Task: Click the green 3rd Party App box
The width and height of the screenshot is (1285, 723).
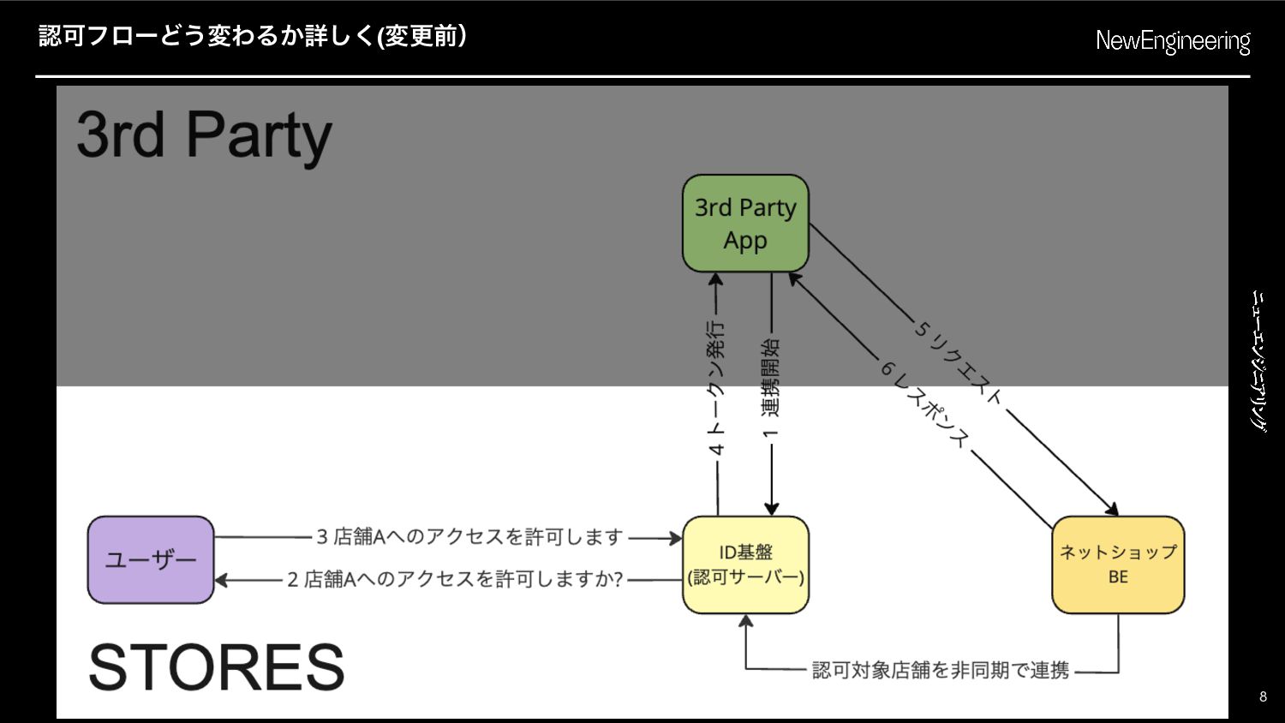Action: pos(745,224)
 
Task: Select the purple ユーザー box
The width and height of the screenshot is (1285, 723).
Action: pos(151,559)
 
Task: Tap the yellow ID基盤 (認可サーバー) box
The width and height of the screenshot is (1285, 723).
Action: pos(745,565)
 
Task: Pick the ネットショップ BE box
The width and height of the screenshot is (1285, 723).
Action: pos(1118,565)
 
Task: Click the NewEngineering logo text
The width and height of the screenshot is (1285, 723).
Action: pos(1173,41)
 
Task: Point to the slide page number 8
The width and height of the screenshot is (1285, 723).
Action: pos(1263,696)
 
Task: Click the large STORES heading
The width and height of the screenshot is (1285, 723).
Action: pos(217,666)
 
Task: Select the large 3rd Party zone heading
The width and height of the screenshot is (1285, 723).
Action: pos(204,135)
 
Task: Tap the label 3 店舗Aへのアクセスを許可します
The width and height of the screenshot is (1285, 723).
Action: pos(469,537)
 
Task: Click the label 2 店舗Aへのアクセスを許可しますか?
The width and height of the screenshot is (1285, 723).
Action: pos(455,580)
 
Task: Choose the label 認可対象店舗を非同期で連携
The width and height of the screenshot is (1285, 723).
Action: pos(941,670)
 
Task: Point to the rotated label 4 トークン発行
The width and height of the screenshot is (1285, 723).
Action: pos(717,388)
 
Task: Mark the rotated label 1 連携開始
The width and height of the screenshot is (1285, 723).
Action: pos(771,388)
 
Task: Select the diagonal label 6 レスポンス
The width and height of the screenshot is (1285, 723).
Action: pos(924,404)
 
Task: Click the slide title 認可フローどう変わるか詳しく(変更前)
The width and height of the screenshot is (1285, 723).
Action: pos(253,36)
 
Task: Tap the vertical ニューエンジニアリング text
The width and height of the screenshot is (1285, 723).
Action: pos(1259,361)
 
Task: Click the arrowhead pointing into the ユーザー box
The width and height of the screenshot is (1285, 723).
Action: pos(221,580)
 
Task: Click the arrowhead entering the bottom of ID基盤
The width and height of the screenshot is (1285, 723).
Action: pos(746,621)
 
